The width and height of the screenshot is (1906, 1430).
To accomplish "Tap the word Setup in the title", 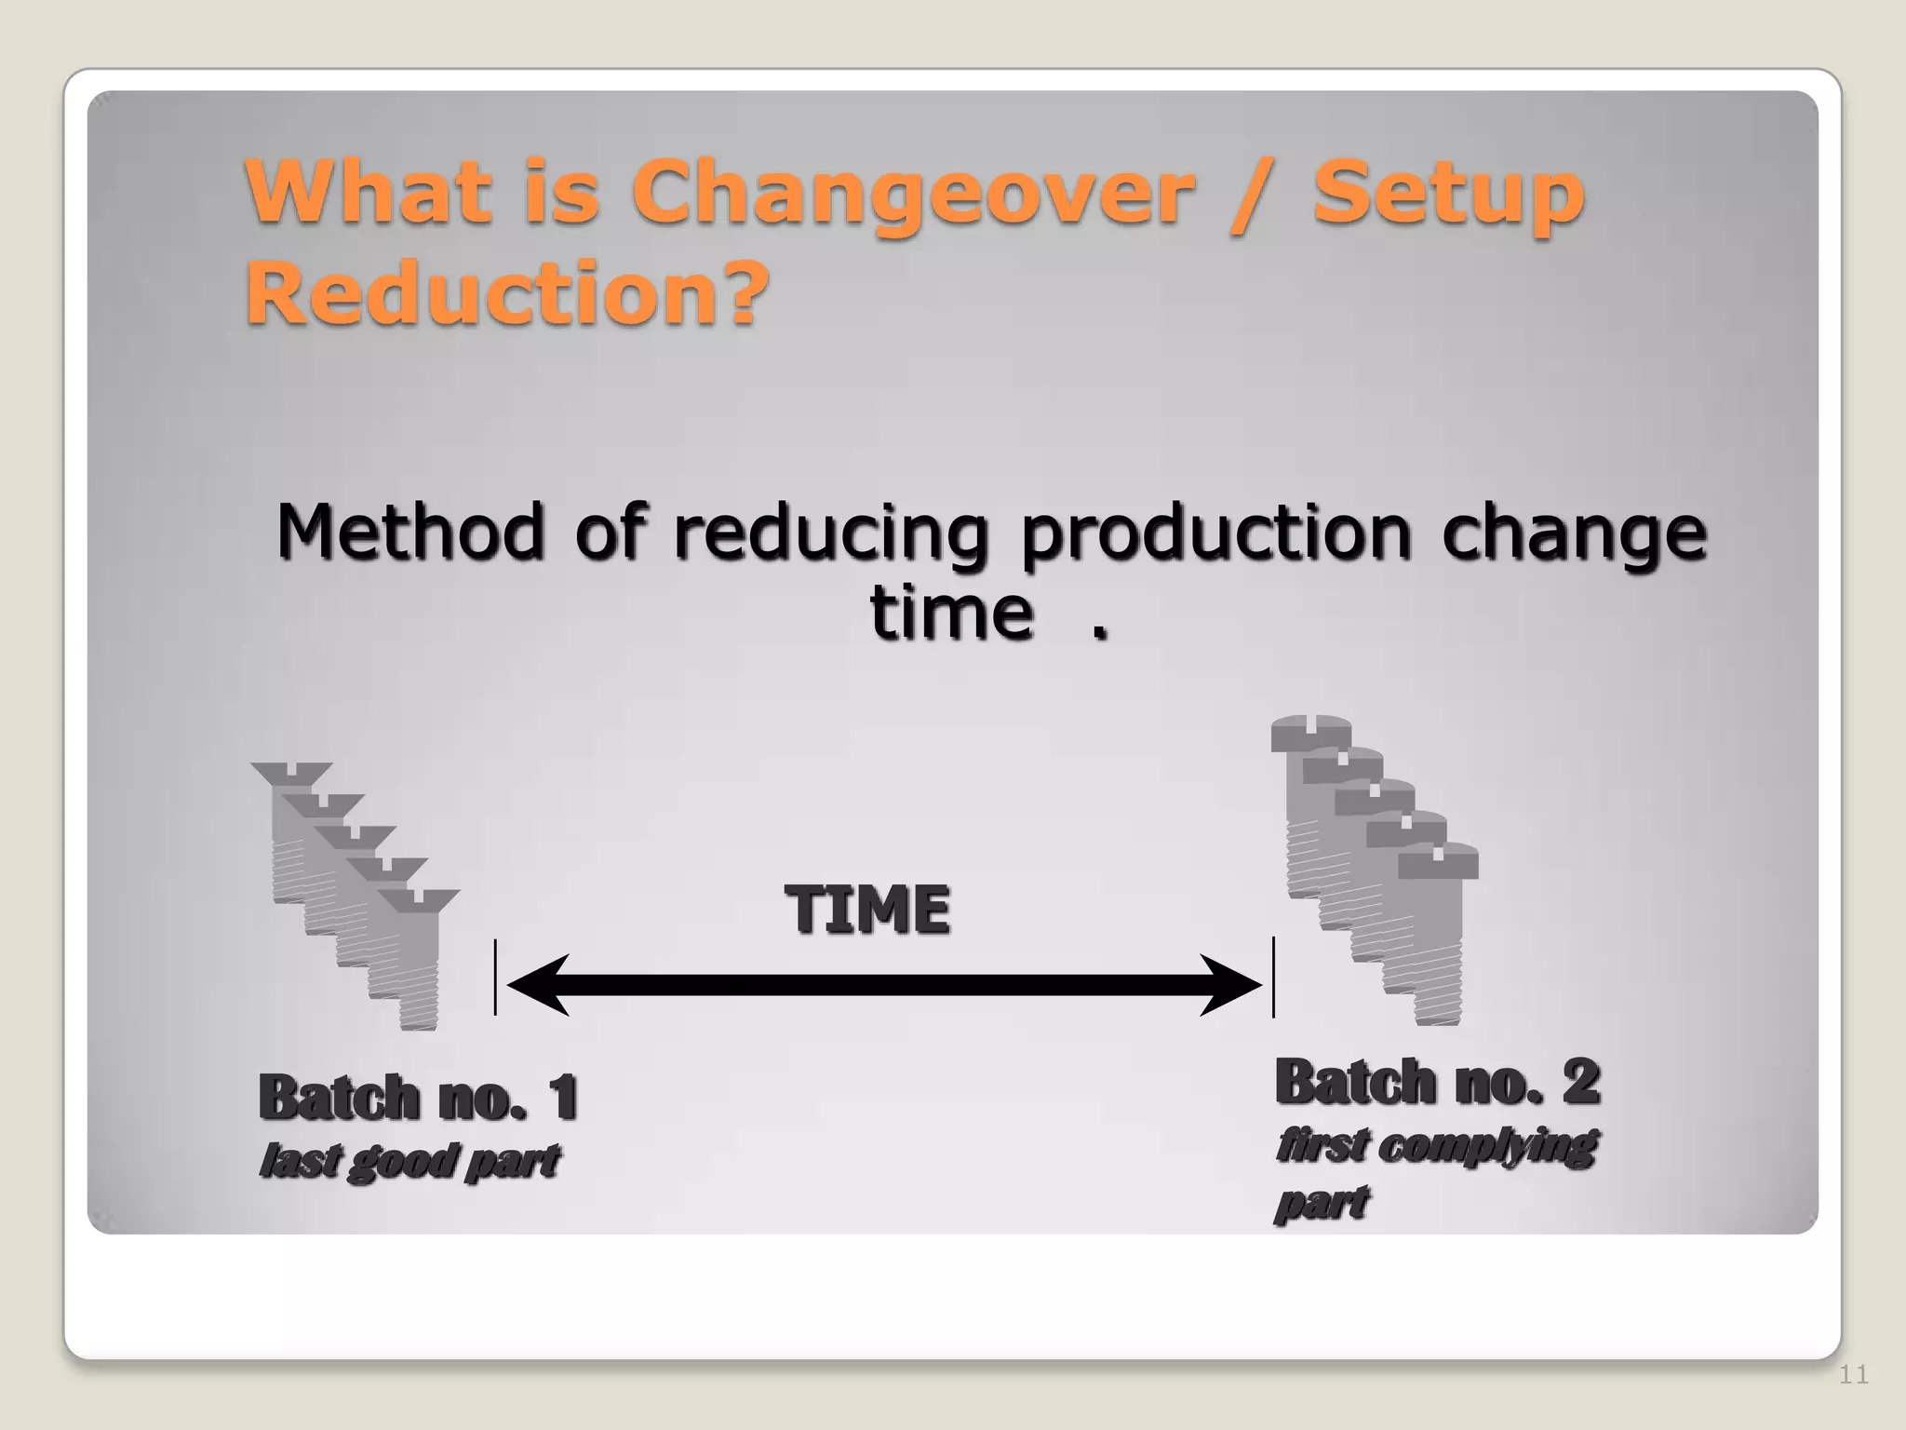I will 1448,194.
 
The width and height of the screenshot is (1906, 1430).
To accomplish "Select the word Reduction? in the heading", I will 507,293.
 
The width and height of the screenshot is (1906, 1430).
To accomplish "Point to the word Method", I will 409,533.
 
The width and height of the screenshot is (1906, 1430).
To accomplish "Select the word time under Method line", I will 951,614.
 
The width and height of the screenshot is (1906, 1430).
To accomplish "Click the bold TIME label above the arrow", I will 867,910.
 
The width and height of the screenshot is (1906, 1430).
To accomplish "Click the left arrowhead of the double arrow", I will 538,985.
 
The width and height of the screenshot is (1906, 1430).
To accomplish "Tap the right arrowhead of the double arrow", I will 1230,985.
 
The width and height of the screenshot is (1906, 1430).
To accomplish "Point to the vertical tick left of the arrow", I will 495,978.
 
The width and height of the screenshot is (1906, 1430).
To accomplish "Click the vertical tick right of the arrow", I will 1273,978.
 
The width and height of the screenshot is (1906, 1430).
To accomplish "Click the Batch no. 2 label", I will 1437,1083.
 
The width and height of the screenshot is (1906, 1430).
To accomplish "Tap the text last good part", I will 409,1161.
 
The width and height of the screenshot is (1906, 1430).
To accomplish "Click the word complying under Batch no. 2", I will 1486,1146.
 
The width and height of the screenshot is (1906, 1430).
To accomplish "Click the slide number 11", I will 1853,1375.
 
